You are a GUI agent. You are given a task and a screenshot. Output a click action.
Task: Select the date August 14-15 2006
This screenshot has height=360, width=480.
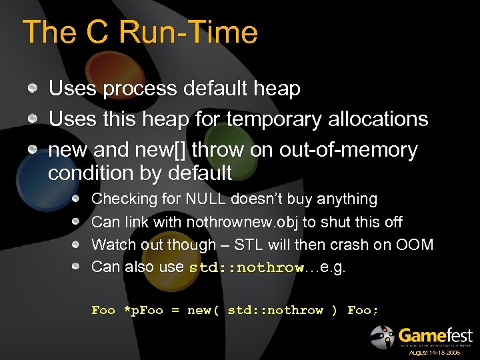434,352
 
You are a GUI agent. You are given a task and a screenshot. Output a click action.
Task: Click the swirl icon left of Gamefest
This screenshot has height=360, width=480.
383,337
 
